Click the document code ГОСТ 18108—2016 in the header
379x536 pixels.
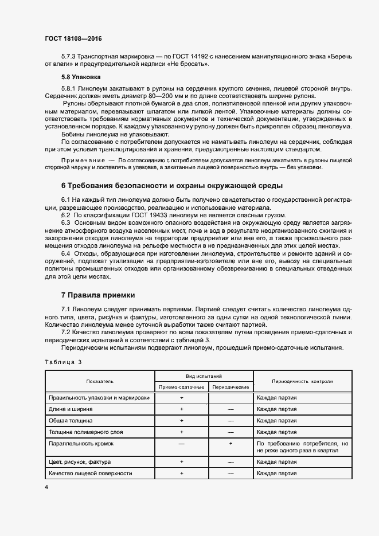coord(73,38)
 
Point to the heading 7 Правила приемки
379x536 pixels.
coord(98,295)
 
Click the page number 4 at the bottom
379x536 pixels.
coord(46,487)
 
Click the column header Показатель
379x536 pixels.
coord(100,381)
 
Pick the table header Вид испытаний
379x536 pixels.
coord(204,375)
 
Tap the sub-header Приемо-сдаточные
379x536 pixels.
coord(181,387)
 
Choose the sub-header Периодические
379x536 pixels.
coord(230,387)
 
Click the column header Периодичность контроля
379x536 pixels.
coord(302,381)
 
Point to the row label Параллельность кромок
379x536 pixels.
coord(81,443)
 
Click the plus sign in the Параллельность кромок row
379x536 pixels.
coord(230,443)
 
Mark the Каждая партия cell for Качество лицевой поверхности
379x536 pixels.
coord(277,474)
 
